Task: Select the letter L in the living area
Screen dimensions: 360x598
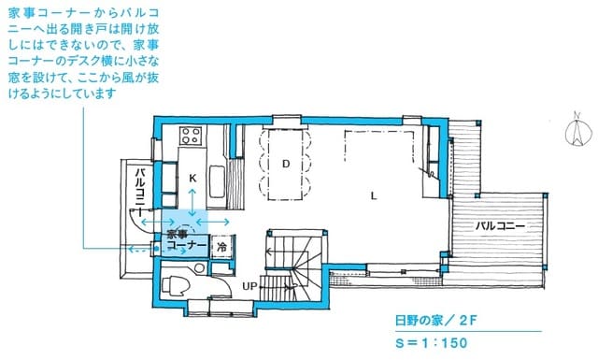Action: (373, 196)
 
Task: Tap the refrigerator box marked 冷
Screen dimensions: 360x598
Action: (222, 246)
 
